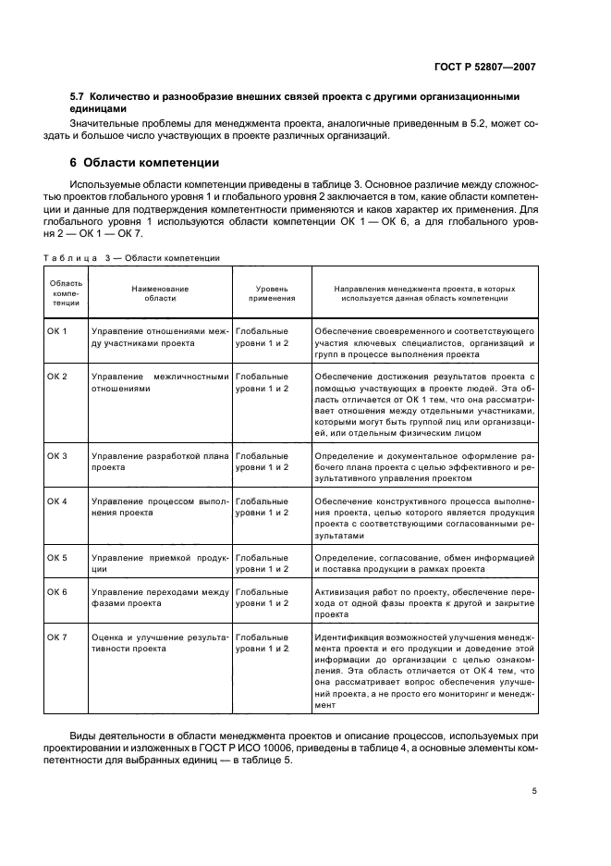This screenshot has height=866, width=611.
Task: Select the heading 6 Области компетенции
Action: (145, 163)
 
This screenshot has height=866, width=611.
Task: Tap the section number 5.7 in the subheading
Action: (79, 97)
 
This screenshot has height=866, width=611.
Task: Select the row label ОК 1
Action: (57, 331)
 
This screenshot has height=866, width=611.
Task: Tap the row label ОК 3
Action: (57, 456)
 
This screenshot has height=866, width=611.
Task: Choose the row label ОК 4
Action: (57, 501)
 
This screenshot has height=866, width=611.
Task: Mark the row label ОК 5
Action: (57, 557)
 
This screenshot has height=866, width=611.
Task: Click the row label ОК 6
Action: (57, 591)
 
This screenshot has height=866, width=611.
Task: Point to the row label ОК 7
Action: (57, 637)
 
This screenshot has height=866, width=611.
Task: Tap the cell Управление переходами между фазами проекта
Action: (160, 597)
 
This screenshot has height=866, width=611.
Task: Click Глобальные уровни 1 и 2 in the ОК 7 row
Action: (263, 643)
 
